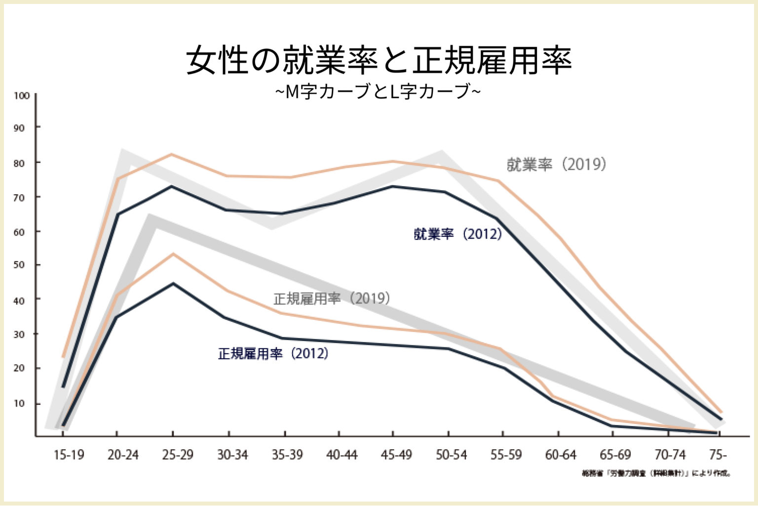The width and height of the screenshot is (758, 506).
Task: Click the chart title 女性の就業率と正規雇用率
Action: tap(379, 60)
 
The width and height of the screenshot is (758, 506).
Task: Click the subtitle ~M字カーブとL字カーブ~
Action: tap(378, 92)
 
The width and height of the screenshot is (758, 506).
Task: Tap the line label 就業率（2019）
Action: tap(556, 165)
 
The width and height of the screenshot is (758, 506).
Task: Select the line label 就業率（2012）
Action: tap(457, 234)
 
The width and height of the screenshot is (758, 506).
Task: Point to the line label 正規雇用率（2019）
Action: tap(332, 298)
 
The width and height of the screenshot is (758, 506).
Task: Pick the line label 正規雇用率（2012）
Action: tap(273, 353)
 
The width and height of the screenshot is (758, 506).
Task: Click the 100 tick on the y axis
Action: tap(22, 96)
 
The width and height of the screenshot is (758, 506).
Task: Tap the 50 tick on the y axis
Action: tap(19, 265)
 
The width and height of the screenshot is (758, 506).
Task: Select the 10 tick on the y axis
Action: tap(19, 403)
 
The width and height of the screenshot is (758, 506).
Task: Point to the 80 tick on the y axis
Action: tap(19, 163)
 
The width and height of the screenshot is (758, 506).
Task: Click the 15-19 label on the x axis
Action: tap(69, 455)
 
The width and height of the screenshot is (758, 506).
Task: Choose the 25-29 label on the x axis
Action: tap(178, 455)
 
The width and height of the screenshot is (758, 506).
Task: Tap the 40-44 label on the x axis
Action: tap(341, 455)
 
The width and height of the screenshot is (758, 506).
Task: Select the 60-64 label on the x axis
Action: tap(560, 455)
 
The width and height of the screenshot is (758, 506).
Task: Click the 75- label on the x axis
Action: tap(718, 455)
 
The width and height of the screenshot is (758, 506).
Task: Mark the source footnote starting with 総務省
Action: tap(656, 473)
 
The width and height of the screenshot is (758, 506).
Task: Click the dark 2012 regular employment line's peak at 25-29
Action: tap(173, 284)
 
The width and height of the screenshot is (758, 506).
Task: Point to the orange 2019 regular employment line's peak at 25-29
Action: tap(173, 254)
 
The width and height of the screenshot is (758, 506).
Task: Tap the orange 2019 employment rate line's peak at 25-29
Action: tap(171, 154)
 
